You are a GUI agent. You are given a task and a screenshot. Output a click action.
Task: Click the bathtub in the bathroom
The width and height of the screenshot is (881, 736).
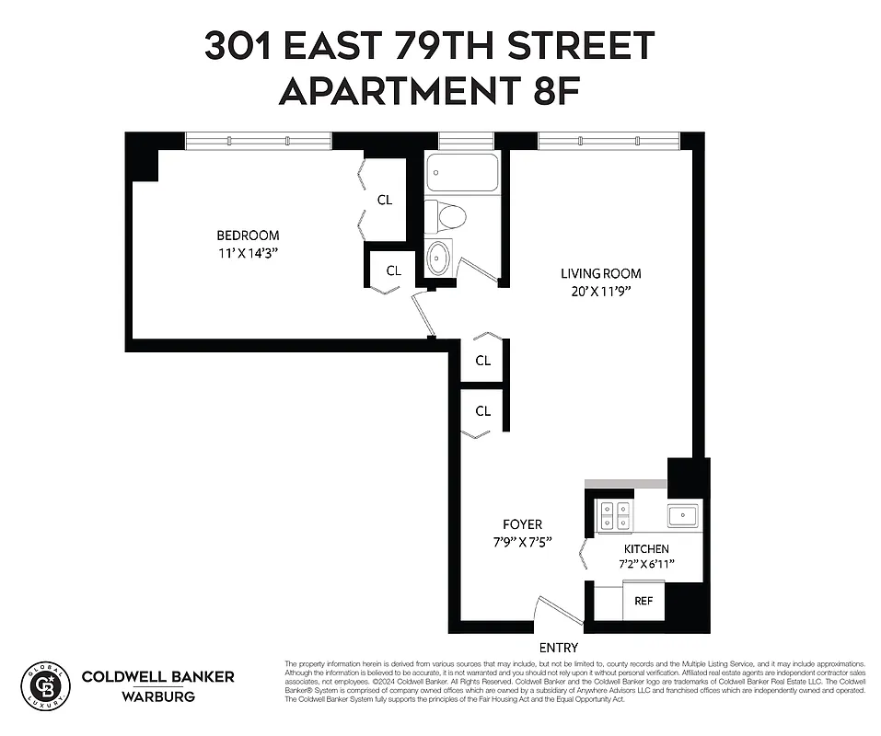[x=462, y=172]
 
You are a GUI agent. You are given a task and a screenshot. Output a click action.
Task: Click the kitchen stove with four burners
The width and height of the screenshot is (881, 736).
[x=614, y=516]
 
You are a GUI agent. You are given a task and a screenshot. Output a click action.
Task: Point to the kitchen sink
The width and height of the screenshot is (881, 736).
[x=684, y=514]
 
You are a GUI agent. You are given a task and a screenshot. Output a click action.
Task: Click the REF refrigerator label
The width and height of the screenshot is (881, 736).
[x=643, y=601]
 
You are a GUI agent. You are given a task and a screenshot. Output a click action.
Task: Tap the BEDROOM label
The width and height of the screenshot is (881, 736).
[x=248, y=236]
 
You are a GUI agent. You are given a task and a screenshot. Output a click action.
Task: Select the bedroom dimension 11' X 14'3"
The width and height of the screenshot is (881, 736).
[x=248, y=253]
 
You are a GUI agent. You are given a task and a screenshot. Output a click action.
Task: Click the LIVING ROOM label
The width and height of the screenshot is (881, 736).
[x=601, y=273]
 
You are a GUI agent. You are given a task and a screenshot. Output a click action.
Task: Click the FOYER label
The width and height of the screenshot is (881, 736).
[x=521, y=524]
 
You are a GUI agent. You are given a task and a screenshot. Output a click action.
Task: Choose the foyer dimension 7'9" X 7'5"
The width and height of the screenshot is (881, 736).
[x=521, y=542]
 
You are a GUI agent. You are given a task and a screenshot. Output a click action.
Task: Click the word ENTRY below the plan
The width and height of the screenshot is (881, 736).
[x=559, y=648]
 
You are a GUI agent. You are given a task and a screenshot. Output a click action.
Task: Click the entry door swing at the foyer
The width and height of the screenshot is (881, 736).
[x=557, y=611]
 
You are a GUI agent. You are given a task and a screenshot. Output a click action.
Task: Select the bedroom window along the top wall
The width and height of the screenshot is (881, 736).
[x=258, y=141]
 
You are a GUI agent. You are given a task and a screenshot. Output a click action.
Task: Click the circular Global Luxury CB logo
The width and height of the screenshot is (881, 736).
[x=45, y=684]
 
